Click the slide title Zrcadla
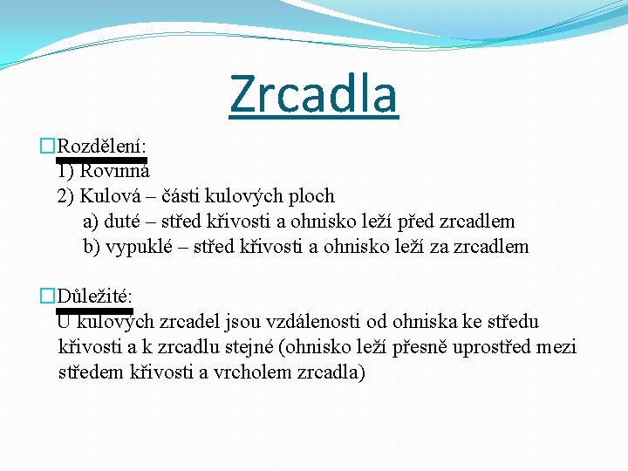coord(313,94)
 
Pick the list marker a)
coord(92,222)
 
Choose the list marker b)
coord(92,247)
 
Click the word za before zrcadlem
coord(440,247)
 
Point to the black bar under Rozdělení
coord(101,160)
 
